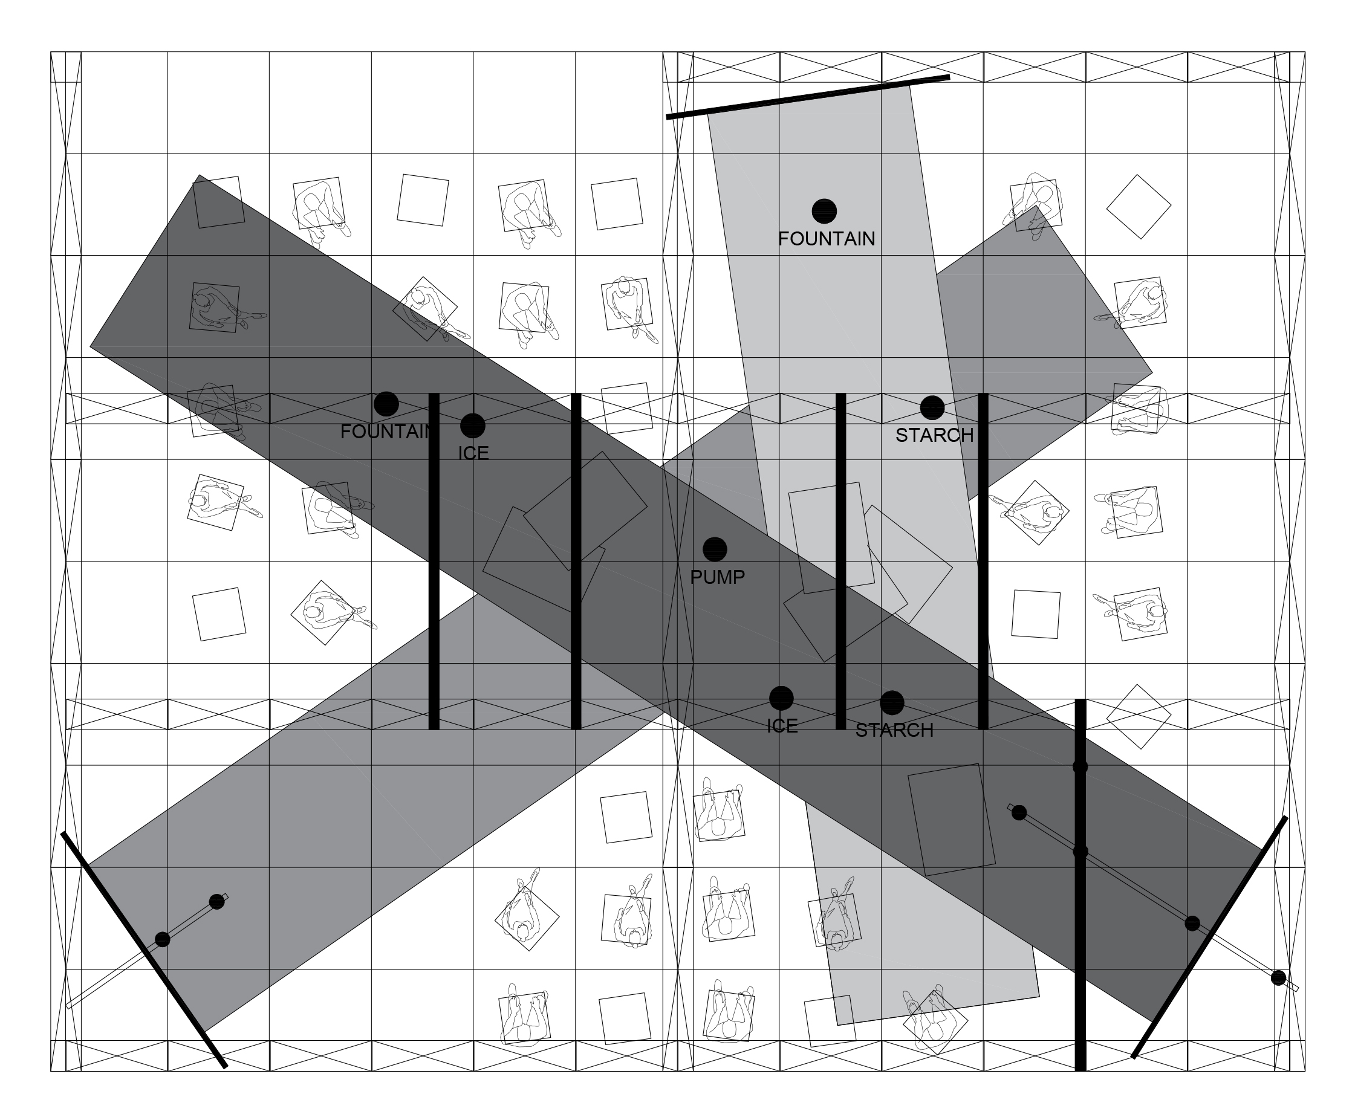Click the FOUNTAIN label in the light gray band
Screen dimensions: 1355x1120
827,239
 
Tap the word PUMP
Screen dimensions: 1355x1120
718,577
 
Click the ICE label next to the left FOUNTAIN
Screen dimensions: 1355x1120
473,453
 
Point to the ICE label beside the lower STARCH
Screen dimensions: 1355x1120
782,726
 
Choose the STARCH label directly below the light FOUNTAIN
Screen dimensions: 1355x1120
934,435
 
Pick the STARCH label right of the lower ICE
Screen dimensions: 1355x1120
894,730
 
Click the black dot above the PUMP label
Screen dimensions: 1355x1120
714,549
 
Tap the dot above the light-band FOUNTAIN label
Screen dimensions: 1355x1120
824,210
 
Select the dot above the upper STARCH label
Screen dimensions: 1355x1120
932,407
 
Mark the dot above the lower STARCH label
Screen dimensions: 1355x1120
892,702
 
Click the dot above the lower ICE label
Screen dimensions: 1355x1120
781,698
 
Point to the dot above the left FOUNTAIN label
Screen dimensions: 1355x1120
386,404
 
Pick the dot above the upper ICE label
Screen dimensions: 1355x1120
472,425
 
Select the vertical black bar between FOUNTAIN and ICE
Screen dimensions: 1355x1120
434,562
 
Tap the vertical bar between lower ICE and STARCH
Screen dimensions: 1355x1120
840,562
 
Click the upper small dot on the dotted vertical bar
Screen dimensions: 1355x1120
1080,767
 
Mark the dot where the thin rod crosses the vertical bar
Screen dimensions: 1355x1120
1080,852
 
